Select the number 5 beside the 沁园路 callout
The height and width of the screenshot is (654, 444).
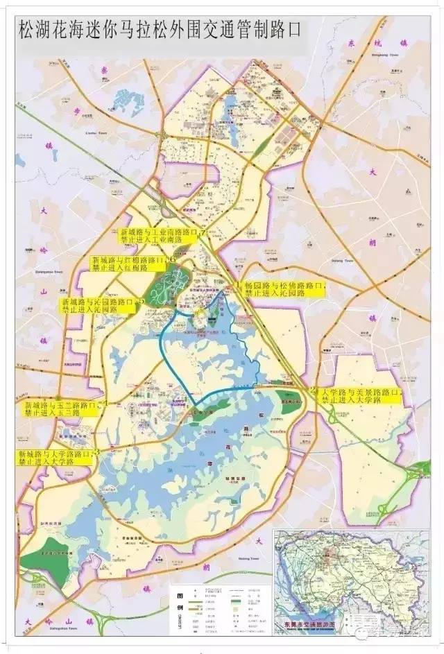point(142,302)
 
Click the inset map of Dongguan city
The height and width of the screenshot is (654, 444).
point(350,569)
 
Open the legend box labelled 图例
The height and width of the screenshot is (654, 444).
point(219,608)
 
